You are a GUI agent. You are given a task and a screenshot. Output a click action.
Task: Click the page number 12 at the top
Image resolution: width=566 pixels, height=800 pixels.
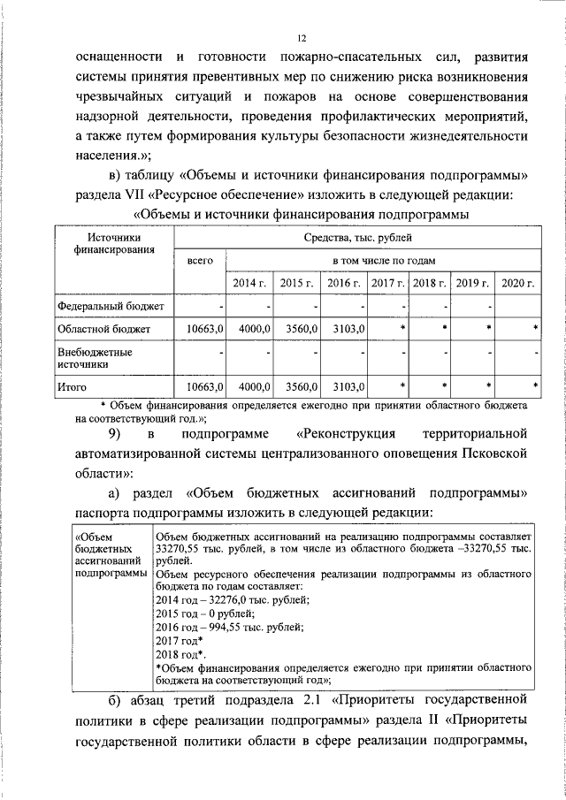[x=301, y=38]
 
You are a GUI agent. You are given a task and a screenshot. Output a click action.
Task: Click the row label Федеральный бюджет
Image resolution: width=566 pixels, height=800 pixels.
[x=103, y=306]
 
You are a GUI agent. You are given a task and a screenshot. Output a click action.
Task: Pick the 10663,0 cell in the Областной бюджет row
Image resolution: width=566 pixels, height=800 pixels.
[x=205, y=329]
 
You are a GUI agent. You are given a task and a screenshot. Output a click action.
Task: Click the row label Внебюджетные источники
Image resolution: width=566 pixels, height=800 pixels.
[x=88, y=356]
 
